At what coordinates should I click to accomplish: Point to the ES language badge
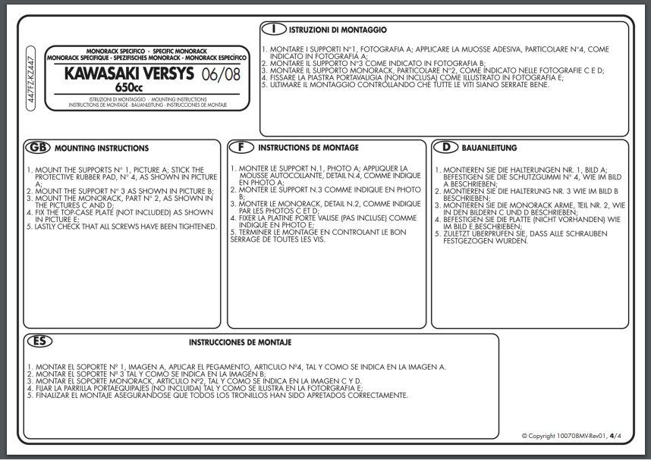[x=38, y=342]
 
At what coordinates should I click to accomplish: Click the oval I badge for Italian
[x=272, y=30]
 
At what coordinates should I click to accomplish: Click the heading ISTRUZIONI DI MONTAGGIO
[x=338, y=30]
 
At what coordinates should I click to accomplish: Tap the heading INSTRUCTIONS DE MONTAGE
[x=308, y=148]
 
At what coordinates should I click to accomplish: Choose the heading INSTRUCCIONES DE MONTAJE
[x=240, y=343]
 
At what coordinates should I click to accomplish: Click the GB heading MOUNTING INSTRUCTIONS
[x=102, y=149]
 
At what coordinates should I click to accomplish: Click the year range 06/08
[x=220, y=74]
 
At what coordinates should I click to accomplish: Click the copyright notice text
[x=561, y=436]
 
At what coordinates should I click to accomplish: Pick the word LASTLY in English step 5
[x=47, y=227]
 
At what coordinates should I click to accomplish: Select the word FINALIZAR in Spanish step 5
[x=49, y=396]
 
